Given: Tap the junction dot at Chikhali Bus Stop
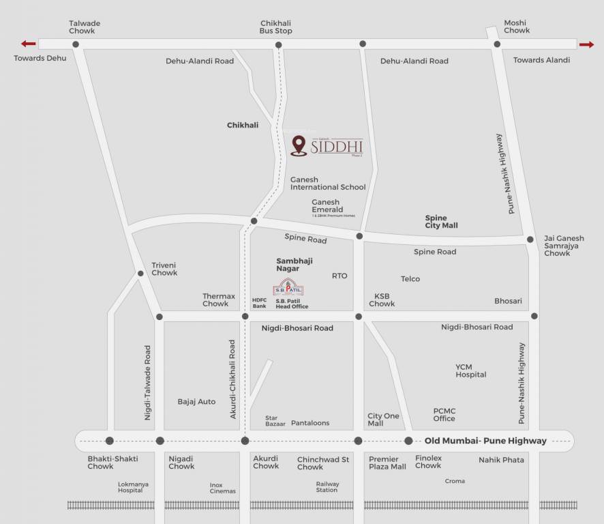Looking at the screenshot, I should (278, 45).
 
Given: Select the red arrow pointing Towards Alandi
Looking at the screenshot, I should (586, 45).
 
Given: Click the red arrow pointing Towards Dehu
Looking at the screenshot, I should (29, 44).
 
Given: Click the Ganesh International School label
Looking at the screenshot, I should (328, 183).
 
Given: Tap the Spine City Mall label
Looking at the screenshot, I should (441, 222).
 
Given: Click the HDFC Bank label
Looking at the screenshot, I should (259, 303).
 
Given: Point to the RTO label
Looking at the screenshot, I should (339, 276).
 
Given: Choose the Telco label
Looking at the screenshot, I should (410, 278).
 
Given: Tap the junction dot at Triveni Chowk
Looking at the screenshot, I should (141, 274).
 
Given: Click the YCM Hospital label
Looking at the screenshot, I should (470, 370).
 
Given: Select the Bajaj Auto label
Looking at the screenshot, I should (196, 401).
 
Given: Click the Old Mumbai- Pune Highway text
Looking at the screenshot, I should (485, 441).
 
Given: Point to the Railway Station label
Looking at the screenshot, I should (327, 486).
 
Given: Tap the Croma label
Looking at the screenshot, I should (455, 481).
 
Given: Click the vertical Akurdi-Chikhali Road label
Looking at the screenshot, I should (232, 379).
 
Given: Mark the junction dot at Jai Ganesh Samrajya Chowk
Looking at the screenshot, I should (530, 239).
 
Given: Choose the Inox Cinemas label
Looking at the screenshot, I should (222, 488).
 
